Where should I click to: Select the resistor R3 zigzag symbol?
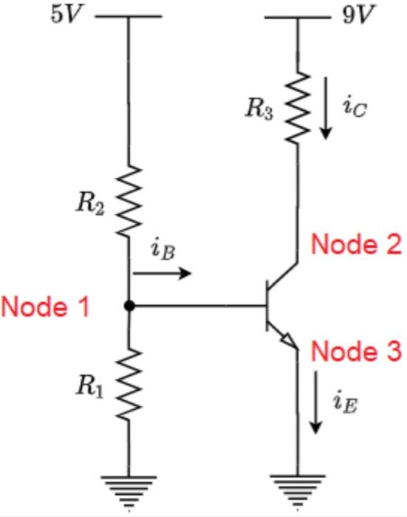pyautogui.click(x=298, y=108)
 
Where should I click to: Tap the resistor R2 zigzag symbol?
pyautogui.click(x=129, y=202)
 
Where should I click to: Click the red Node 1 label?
pyautogui.click(x=46, y=307)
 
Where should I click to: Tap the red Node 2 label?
pyautogui.click(x=355, y=244)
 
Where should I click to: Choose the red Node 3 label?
pyautogui.click(x=355, y=352)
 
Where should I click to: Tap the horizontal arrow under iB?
pyautogui.click(x=162, y=274)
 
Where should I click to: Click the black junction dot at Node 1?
pyautogui.click(x=129, y=306)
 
